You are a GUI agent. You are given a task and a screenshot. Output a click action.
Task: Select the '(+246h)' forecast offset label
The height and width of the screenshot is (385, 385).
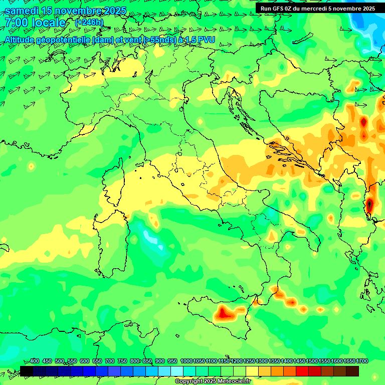[89, 22]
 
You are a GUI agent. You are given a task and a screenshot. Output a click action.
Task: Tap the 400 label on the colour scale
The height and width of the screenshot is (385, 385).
[35, 361]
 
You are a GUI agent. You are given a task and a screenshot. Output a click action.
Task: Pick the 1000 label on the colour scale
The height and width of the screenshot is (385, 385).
[186, 361]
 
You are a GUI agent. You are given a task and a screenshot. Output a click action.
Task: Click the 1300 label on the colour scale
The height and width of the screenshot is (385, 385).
[262, 361]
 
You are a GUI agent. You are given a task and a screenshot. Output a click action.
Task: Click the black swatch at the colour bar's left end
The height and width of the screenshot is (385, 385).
[27, 371]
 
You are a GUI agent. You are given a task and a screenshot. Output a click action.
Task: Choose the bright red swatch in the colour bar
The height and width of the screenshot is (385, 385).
[302, 371]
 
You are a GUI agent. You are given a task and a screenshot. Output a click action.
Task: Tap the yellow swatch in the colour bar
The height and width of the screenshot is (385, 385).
[252, 371]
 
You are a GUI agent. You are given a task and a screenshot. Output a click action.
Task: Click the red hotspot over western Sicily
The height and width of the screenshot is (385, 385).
[223, 314]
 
